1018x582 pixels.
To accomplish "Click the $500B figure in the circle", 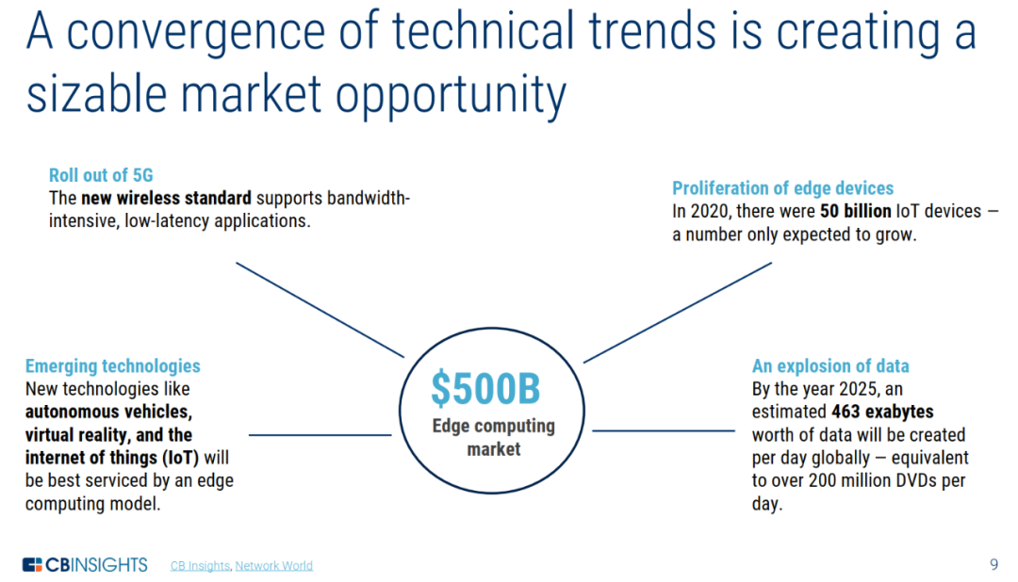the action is pos(485,388).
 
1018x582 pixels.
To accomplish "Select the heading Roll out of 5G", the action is pos(101,175).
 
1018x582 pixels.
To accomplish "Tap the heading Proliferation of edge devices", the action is pos(783,188).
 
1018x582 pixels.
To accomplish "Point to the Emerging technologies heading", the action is pos(113,366).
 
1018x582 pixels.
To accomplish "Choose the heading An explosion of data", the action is pos(830,366).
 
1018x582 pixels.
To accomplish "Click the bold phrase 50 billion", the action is pos(856,211).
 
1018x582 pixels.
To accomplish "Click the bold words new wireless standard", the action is pos(166,198).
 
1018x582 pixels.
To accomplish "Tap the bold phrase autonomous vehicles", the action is pos(108,412).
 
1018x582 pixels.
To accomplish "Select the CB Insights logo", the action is pos(85,564).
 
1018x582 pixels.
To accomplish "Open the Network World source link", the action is pos(274,566).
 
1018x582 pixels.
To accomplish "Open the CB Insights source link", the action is pos(200,566).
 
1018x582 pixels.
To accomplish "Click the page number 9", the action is pos(994,564).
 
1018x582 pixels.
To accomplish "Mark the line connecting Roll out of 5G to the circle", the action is pos(320,310).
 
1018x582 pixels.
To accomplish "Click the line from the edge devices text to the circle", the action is pos(678,313).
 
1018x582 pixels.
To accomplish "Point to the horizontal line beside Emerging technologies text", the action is pos(320,435).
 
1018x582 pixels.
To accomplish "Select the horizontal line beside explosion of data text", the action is pos(664,430).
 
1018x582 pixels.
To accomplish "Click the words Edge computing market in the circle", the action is pos(493,437).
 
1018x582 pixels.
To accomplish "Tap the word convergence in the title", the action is pos(196,31).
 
